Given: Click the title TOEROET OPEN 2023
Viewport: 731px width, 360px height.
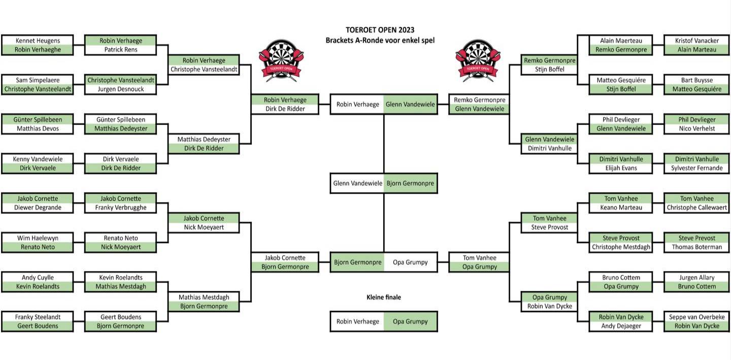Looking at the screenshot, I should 380,30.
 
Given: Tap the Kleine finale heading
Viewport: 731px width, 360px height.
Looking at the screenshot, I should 383,297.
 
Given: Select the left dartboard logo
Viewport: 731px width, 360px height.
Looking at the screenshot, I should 281,60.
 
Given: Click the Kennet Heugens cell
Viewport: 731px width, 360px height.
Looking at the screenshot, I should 38,41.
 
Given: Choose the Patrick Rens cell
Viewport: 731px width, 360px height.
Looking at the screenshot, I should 121,50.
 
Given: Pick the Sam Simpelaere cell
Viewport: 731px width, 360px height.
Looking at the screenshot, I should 38,80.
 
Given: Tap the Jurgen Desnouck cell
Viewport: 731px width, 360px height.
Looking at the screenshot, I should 121,89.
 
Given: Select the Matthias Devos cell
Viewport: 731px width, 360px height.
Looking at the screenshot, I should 38,129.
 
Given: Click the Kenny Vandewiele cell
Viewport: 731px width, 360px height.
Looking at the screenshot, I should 38,159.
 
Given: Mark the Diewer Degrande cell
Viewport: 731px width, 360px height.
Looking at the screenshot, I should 38,208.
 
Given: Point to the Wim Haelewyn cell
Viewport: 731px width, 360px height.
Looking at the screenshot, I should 38,238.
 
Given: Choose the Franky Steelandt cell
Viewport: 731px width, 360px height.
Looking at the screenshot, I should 38,317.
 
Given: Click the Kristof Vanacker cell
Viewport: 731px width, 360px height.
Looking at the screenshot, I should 696,41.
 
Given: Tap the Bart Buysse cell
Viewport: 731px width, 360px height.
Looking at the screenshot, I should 696,80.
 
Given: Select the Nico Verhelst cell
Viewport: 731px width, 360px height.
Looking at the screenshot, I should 696,129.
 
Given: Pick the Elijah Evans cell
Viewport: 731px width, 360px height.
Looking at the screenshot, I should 621,168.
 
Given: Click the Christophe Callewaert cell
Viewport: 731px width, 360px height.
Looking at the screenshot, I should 696,208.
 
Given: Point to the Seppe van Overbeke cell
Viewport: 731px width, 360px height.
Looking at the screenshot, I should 696,317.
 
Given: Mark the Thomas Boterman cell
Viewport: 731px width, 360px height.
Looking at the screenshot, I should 696,247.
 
